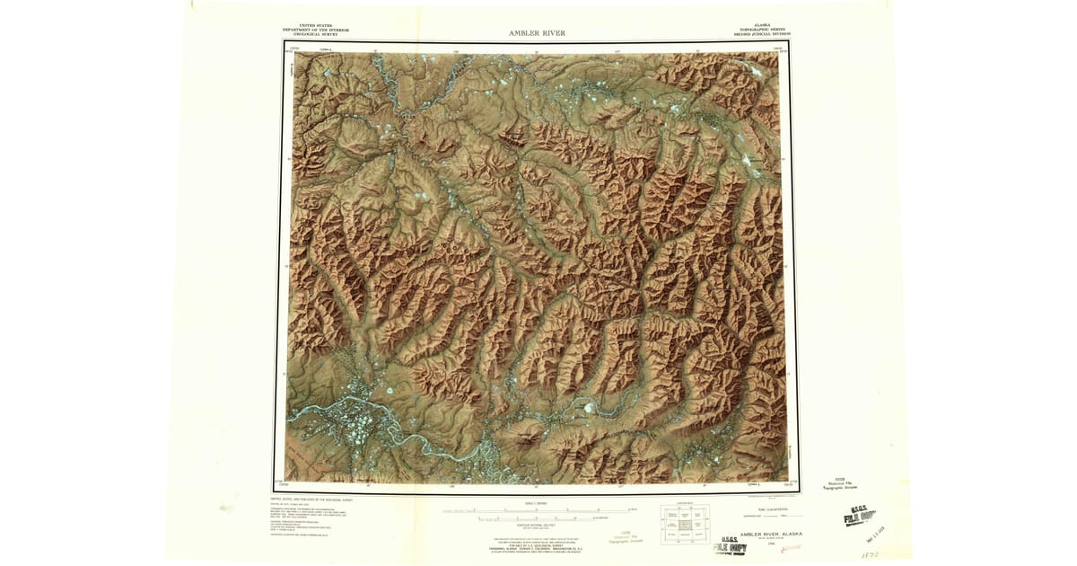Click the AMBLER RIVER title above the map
tap(537, 33)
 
